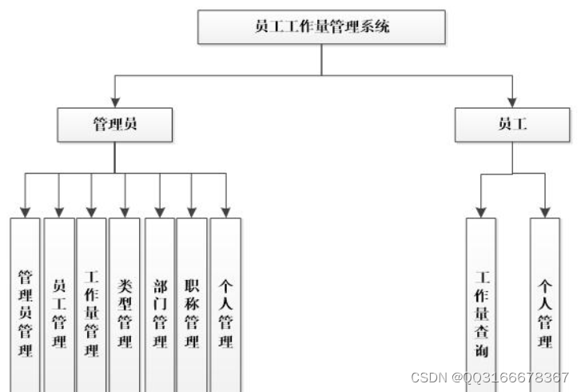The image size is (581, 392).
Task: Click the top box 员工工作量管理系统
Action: (321, 27)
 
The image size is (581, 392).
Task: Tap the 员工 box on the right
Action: (511, 124)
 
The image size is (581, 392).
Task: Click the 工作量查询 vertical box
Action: (481, 312)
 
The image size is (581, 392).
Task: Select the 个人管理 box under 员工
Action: (545, 312)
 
